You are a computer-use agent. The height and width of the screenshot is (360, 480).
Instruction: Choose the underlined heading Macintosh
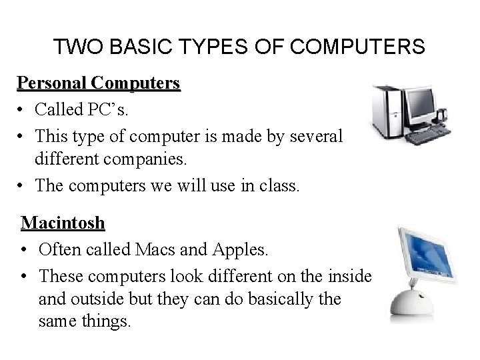click(x=59, y=222)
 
